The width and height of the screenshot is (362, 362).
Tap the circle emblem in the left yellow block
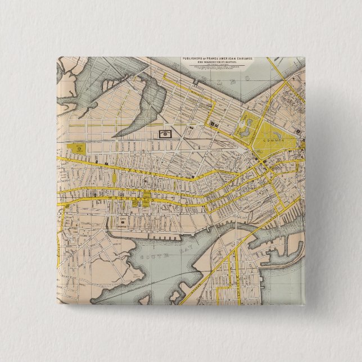click(x=78, y=151)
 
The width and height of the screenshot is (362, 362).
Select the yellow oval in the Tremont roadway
click(x=115, y=179)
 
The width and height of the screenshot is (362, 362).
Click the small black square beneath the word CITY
click(x=123, y=223)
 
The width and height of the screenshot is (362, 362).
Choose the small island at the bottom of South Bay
click(x=175, y=296)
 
